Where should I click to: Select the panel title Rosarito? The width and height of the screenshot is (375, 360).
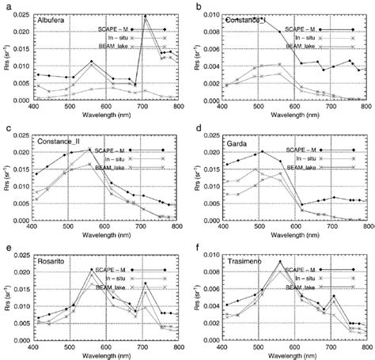point(52,261)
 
